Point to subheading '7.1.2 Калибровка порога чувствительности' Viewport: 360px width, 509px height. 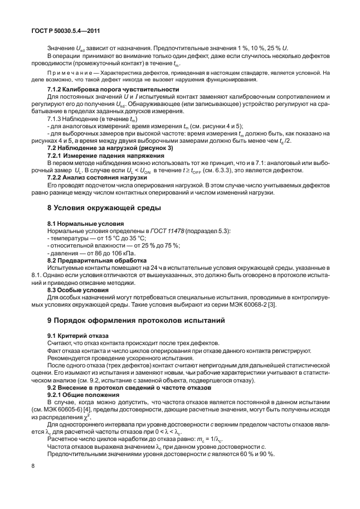[x=113, y=89]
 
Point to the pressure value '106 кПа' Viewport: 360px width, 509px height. [x=125, y=253]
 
